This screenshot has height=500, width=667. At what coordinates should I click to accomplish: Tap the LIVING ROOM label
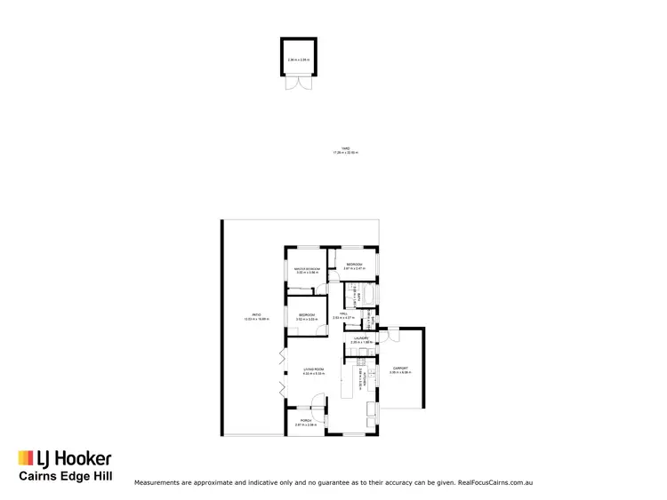tap(313, 369)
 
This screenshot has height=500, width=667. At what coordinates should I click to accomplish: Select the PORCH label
tap(306, 422)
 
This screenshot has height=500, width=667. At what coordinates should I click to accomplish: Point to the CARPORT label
tap(398, 369)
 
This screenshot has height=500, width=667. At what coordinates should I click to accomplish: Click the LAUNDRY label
tap(360, 338)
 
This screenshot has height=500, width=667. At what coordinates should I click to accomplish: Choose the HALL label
tap(343, 313)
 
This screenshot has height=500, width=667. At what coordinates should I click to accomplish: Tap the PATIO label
tap(255, 315)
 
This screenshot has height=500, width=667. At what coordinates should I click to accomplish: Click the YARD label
tap(345, 149)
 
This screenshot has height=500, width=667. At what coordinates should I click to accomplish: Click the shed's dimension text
tap(298, 60)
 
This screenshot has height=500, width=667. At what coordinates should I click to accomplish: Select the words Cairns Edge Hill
tap(66, 477)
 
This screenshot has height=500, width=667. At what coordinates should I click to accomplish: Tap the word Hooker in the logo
tap(84, 458)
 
